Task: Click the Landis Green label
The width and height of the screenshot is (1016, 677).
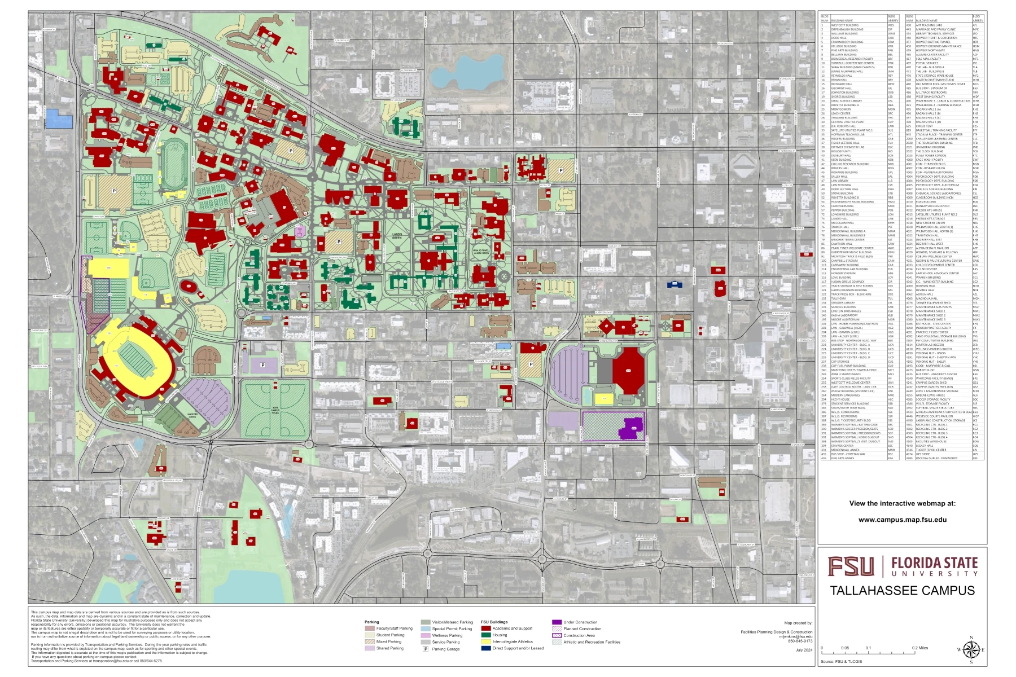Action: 397,236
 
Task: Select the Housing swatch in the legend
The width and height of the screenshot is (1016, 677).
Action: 485,635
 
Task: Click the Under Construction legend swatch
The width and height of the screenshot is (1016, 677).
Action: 557,622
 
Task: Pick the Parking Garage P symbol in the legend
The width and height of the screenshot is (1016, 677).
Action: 426,649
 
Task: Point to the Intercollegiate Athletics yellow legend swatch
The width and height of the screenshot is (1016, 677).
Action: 485,642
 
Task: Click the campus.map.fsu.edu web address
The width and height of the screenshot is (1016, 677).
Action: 902,520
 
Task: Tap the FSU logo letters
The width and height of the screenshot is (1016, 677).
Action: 851,566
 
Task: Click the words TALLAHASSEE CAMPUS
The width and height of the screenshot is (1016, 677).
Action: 902,591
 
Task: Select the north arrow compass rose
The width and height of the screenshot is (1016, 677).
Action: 971,650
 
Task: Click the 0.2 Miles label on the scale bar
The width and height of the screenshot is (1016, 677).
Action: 919,648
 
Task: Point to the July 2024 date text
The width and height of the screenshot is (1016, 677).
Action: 804,650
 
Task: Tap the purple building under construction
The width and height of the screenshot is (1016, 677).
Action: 632,428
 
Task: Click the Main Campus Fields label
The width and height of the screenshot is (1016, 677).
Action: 275,410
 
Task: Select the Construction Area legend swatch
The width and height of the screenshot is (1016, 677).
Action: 557,635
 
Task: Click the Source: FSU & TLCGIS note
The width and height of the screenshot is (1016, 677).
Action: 841,661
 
